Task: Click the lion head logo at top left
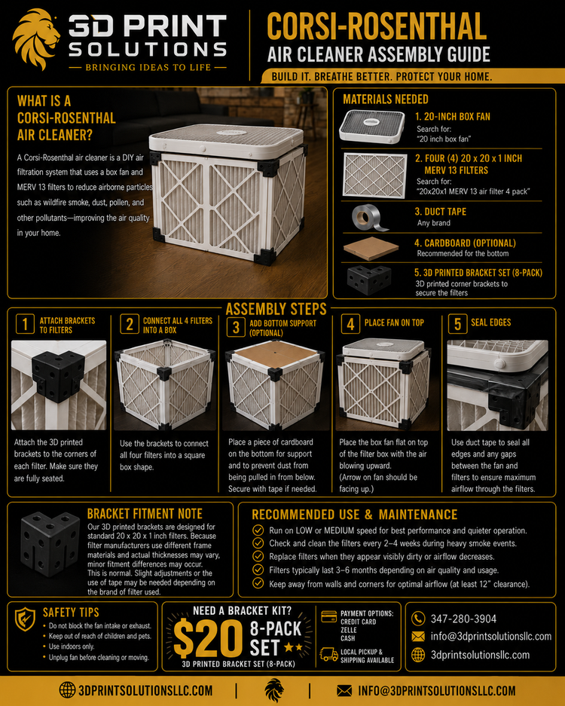(37, 40)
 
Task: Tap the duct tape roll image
(370, 218)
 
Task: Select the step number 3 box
(236, 327)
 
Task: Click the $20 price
(208, 638)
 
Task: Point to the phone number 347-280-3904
(463, 619)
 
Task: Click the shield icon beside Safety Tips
(25, 619)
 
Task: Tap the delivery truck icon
(329, 654)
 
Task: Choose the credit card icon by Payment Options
(329, 616)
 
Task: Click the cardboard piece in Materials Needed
(371, 248)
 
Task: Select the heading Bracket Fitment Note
(145, 514)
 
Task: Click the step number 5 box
(457, 324)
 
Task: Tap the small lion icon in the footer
(274, 690)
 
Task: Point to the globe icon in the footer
(67, 689)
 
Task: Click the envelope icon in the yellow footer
(344, 690)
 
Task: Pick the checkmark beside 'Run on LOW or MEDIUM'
(258, 530)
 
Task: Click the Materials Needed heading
(386, 99)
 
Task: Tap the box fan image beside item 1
(372, 127)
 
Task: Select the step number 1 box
(25, 324)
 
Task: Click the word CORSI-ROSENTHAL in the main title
(377, 27)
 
